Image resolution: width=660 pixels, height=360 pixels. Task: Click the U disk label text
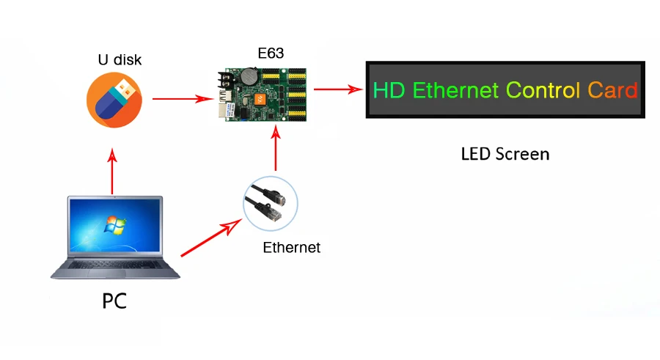tap(120, 60)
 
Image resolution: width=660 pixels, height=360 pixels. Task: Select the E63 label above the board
tap(271, 53)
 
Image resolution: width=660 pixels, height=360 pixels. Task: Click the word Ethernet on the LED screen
tap(455, 91)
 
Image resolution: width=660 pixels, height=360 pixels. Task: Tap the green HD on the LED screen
tap(389, 91)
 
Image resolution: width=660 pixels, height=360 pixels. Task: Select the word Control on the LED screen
tap(543, 91)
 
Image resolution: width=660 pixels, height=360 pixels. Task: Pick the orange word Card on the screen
tap(612, 91)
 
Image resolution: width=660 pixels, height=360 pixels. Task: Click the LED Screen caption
tap(505, 154)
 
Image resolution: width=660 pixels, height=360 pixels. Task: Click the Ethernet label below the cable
tap(291, 248)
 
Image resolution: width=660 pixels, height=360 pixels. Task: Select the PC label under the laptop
tap(114, 301)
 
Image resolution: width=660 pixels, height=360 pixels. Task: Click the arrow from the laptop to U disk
tap(112, 173)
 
